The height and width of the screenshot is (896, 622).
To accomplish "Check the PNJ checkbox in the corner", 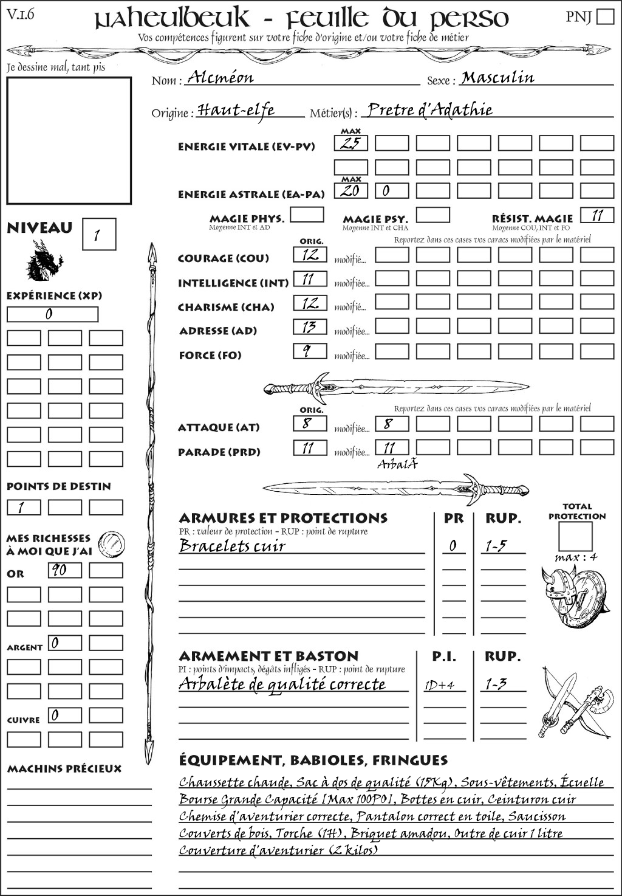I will coord(605,16).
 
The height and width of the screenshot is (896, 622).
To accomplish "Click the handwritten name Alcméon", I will coord(220,77).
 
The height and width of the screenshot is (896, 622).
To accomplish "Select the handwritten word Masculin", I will coord(497,77).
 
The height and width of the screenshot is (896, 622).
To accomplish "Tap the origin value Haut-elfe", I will coord(236,110).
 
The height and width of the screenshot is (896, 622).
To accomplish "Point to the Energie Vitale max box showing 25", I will coord(350,143).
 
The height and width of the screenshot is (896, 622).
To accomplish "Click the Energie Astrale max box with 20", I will coord(350,191).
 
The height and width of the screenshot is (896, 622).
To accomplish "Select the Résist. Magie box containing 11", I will coord(597,215).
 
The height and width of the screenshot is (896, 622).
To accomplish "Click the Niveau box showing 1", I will coord(98,235).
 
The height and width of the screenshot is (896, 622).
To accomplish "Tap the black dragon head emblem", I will coord(44,261).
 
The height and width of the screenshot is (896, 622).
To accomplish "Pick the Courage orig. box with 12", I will coord(310,255).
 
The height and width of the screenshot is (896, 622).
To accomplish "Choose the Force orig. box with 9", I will coord(310,351).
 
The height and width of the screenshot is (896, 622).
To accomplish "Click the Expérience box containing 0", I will coord(52,314).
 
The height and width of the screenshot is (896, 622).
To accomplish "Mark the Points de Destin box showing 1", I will coord(24,507).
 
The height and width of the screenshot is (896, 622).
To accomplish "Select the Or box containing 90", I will coord(64,570).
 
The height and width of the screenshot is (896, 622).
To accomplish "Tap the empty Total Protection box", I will coord(575,536).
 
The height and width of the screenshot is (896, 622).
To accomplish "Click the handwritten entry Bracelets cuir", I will coord(232,546).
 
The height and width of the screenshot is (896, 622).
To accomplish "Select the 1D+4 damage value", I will coord(439,685).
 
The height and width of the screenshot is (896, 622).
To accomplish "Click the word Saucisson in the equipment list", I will coord(536,816).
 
